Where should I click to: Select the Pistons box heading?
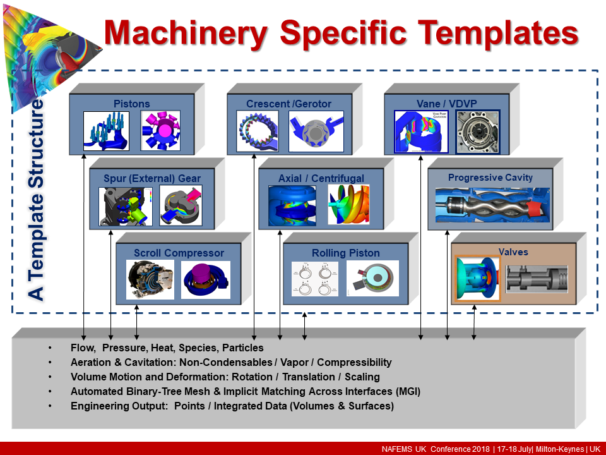coord(131,104)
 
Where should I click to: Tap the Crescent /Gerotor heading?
coord(288,104)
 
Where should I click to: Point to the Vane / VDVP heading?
coord(446,104)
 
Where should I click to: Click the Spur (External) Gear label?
coord(152,178)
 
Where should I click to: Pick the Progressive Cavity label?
coord(490,178)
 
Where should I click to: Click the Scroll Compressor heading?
coord(179,253)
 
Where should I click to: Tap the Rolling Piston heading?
coord(345,253)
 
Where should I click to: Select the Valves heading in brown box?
coord(513,252)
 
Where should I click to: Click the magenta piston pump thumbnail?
coord(160,131)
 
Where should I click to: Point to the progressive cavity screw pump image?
coord(490,205)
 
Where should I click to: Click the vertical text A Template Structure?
coord(37,199)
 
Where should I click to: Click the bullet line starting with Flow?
coord(167,348)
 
